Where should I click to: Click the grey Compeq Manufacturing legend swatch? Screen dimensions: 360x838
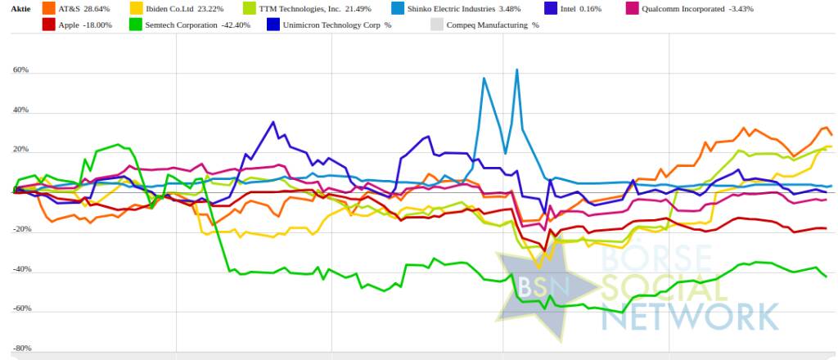coord(435,25)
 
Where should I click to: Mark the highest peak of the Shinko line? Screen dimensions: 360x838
coord(517,70)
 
